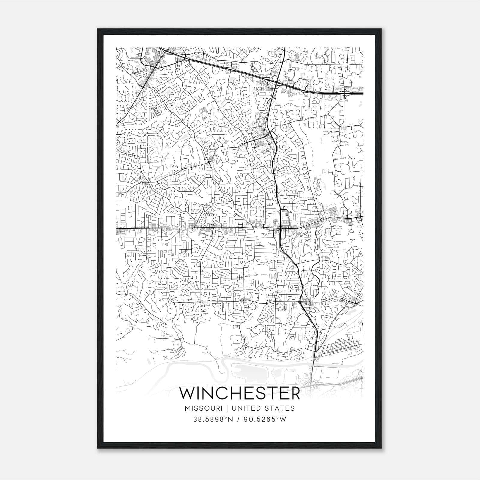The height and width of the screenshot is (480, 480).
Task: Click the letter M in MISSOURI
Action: [187, 408]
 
